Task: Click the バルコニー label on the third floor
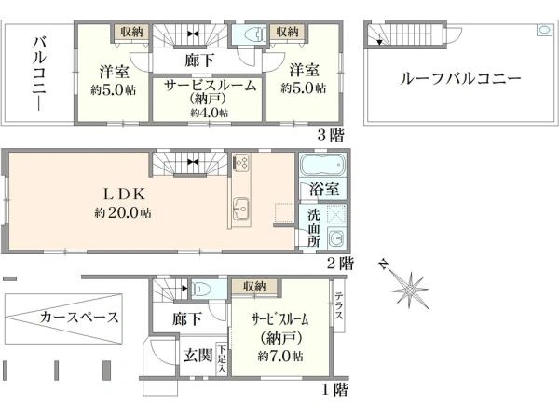(39, 74)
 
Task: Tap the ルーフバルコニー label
(460, 78)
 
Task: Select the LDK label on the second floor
(125, 195)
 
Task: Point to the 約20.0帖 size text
(123, 213)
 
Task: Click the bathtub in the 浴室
(321, 165)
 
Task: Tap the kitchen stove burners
(241, 162)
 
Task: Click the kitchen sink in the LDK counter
(241, 209)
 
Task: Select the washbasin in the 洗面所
(335, 237)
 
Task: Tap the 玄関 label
(198, 356)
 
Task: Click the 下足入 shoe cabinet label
(222, 358)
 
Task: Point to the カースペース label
(79, 317)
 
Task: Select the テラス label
(339, 305)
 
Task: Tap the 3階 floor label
(331, 135)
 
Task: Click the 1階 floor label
(335, 389)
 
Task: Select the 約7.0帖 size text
(280, 356)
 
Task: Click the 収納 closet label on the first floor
(254, 286)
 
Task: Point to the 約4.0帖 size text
(210, 113)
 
